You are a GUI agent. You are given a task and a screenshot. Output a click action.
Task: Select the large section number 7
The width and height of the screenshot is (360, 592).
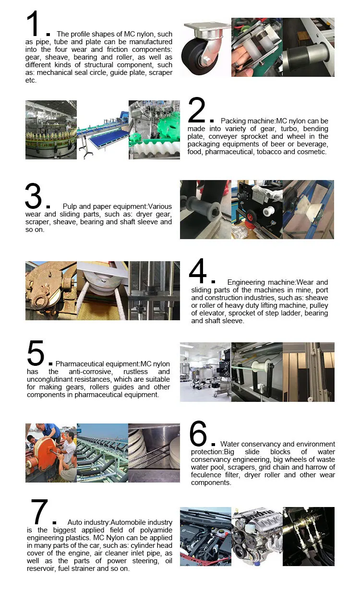[39, 512]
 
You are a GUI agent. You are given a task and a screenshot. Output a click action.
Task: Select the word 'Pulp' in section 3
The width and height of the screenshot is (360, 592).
[70, 206]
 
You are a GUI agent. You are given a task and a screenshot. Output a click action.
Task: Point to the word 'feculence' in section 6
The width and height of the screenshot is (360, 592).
[206, 475]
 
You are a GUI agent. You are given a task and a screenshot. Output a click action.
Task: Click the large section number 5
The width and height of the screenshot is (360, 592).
[36, 353]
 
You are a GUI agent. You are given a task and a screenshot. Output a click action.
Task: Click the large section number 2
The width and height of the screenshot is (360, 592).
[197, 110]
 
